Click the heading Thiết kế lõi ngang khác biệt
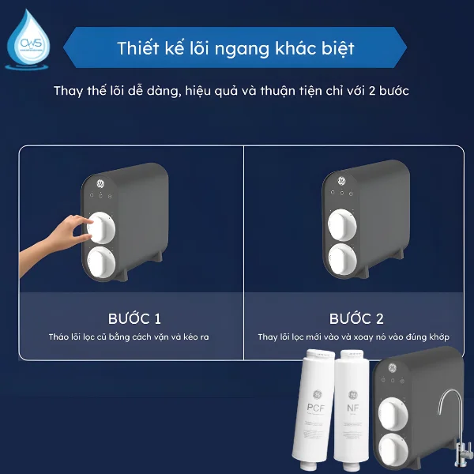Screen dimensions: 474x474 [x=235, y=47]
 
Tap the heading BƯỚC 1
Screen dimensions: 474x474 [x=134, y=319]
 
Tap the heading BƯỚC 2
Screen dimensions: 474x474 [x=356, y=319]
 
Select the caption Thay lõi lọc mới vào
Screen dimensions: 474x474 [x=353, y=337]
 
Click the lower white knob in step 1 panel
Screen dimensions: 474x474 [x=102, y=262]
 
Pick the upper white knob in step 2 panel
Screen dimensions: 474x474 [x=344, y=225]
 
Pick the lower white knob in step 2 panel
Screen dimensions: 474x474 [x=344, y=259]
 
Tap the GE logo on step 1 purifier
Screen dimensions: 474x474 [x=100, y=183]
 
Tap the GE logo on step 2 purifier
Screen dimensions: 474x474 [x=342, y=182]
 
